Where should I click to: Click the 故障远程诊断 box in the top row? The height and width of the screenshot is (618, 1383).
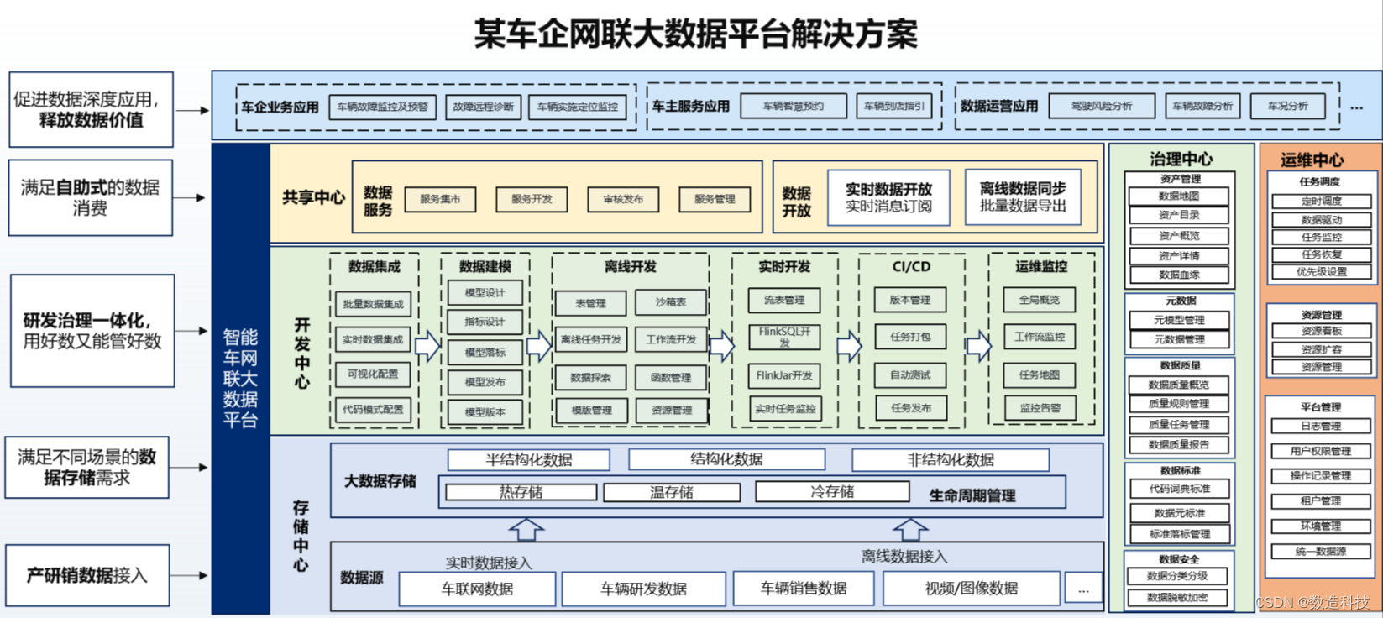483,107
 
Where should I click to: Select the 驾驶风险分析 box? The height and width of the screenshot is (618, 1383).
1102,107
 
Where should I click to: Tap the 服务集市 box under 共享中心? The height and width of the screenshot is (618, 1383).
440,199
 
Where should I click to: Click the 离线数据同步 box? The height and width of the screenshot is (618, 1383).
1022,197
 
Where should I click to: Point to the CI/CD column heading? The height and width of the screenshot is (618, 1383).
911,267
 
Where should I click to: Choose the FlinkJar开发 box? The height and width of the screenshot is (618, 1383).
784,375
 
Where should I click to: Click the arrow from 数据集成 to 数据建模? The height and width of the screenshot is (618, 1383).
427,345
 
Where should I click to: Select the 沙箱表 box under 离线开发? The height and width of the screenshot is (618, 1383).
671,302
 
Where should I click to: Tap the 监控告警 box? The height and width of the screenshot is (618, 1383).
1040,408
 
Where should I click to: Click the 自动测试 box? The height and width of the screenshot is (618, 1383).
910,375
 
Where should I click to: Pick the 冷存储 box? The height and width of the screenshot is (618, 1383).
831,492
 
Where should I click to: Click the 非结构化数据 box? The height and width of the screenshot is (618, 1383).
950,460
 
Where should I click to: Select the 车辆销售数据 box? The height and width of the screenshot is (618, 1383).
804,589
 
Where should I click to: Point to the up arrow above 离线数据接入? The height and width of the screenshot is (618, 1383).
909,529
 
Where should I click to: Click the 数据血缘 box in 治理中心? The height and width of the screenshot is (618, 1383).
1179,275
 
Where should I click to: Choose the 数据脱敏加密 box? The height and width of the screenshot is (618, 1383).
1177,598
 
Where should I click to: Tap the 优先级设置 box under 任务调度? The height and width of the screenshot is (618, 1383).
1321,272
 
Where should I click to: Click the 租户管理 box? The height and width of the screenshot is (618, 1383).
1320,501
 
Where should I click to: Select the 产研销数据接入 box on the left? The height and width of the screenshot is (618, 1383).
87,576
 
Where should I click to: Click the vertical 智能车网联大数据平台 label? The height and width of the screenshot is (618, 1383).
240,378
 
